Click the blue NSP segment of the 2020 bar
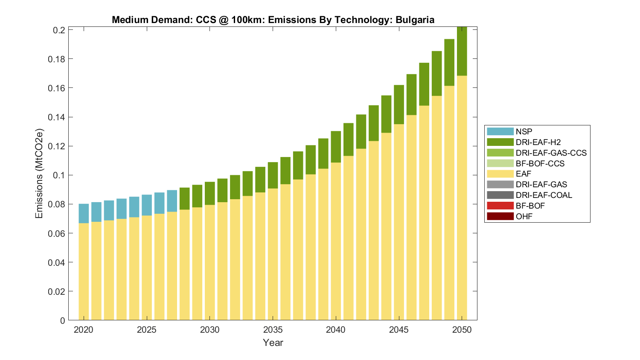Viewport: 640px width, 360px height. [x=84, y=213]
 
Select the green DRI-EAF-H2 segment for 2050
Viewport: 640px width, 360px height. [x=462, y=51]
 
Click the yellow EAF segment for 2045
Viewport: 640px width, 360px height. [x=399, y=222]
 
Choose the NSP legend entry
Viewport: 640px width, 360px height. [x=524, y=131]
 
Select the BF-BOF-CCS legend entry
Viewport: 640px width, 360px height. [x=540, y=163]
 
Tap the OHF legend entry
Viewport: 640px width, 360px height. [x=524, y=216]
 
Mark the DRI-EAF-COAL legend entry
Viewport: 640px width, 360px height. [x=544, y=195]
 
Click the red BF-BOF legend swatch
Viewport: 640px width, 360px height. [x=500, y=206]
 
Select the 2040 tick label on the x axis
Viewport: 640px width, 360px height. [x=336, y=330]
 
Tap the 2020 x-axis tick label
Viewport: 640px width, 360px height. [x=84, y=330]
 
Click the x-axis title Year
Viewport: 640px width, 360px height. [x=273, y=343]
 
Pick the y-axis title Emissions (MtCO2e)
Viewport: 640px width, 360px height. [x=39, y=173]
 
